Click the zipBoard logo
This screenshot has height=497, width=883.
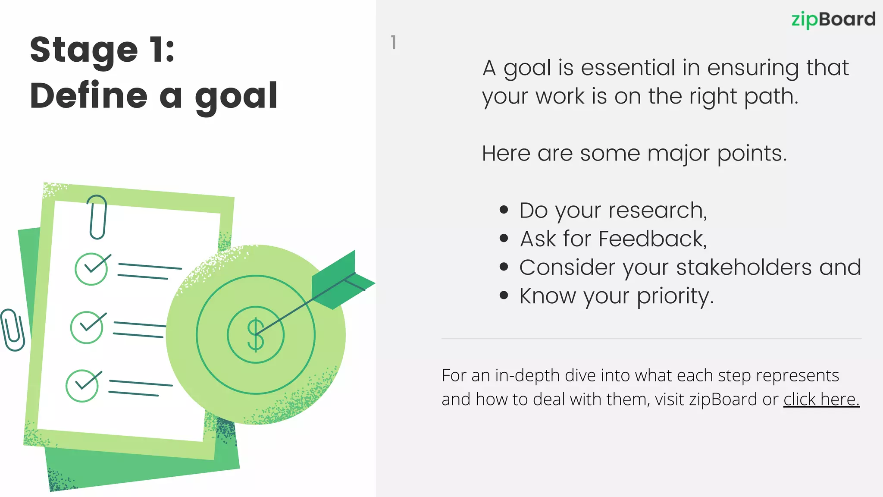[x=833, y=20]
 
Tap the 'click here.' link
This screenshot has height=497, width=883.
[x=821, y=399]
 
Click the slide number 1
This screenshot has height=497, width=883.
[x=393, y=42]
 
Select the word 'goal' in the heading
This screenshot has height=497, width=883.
[x=236, y=97]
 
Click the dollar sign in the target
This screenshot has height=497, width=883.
[x=255, y=335]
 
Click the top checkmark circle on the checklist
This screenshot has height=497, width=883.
[x=91, y=269]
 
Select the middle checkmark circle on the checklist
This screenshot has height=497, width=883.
[x=87, y=327]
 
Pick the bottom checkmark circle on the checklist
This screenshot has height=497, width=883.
[x=82, y=386]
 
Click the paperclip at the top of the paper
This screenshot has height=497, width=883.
[x=98, y=217]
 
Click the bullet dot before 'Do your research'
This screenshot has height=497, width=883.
[x=504, y=210]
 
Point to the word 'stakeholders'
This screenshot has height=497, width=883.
[x=744, y=267]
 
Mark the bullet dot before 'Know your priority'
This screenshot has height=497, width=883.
[x=504, y=296]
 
